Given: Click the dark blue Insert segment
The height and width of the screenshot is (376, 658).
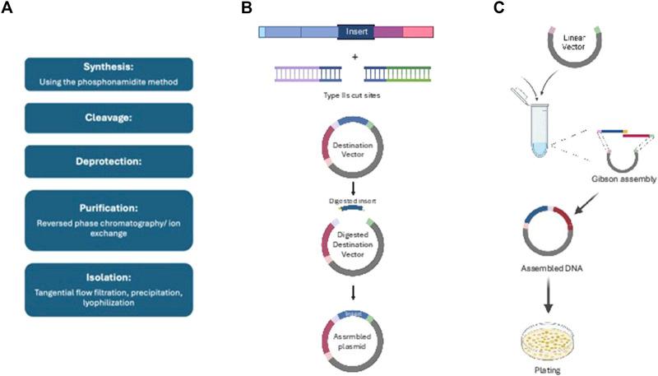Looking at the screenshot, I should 356,33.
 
